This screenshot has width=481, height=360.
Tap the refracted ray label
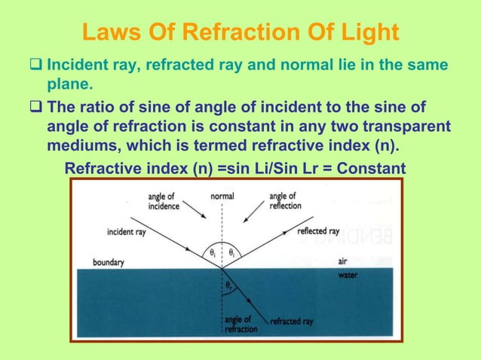[x=292, y=322]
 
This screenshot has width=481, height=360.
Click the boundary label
[x=109, y=263]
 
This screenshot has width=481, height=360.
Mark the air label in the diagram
[x=344, y=262]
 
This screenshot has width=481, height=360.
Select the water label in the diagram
[x=348, y=274]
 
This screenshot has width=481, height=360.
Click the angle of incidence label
[x=164, y=201]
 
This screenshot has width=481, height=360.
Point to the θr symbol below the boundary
[x=229, y=287]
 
